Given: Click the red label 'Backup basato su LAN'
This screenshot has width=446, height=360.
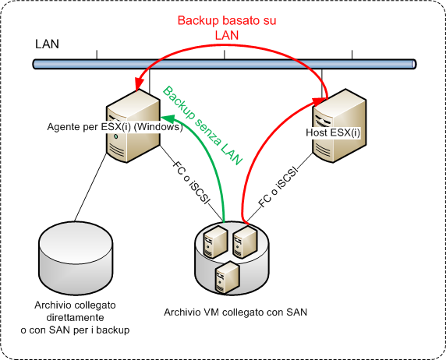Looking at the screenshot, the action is tap(227, 28).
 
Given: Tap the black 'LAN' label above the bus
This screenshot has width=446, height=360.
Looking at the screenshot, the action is tap(48, 44).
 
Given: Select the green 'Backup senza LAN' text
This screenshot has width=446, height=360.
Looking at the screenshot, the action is tap(202, 125).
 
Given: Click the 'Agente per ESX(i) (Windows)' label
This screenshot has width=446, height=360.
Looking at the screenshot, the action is tap(115, 126).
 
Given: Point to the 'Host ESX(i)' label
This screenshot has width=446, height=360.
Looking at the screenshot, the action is tap(333, 132).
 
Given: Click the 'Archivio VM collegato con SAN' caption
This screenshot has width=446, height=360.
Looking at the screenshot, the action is tap(235, 312).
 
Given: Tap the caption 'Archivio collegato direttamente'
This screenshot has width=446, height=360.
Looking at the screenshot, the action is tap(75, 311).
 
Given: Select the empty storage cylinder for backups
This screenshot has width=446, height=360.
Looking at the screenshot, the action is tap(76, 258).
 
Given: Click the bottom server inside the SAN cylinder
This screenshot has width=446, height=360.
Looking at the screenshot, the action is tap(227, 278).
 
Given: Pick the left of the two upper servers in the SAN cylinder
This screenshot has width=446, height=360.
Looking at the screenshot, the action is tap(216, 242).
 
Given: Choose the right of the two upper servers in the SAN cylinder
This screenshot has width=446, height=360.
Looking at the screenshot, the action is tap(245, 242).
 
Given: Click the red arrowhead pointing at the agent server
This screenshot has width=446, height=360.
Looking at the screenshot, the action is tap(140, 83).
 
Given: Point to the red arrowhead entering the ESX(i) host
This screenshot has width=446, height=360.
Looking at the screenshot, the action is tap(320, 101).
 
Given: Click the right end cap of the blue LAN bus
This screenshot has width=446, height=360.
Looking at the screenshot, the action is tap(414, 64).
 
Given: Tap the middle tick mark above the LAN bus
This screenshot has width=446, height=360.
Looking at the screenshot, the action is tap(224, 55).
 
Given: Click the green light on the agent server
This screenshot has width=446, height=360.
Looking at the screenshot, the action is tap(115, 137).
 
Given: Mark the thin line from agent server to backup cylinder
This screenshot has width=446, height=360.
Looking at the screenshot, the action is tap(90, 187).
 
